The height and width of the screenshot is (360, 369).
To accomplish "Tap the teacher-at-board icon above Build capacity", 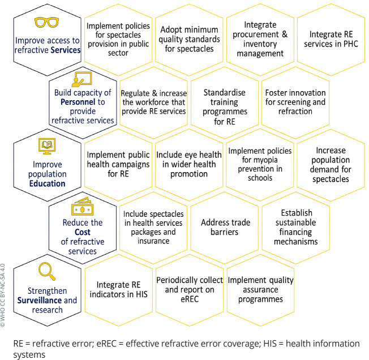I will (x=84, y=81).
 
